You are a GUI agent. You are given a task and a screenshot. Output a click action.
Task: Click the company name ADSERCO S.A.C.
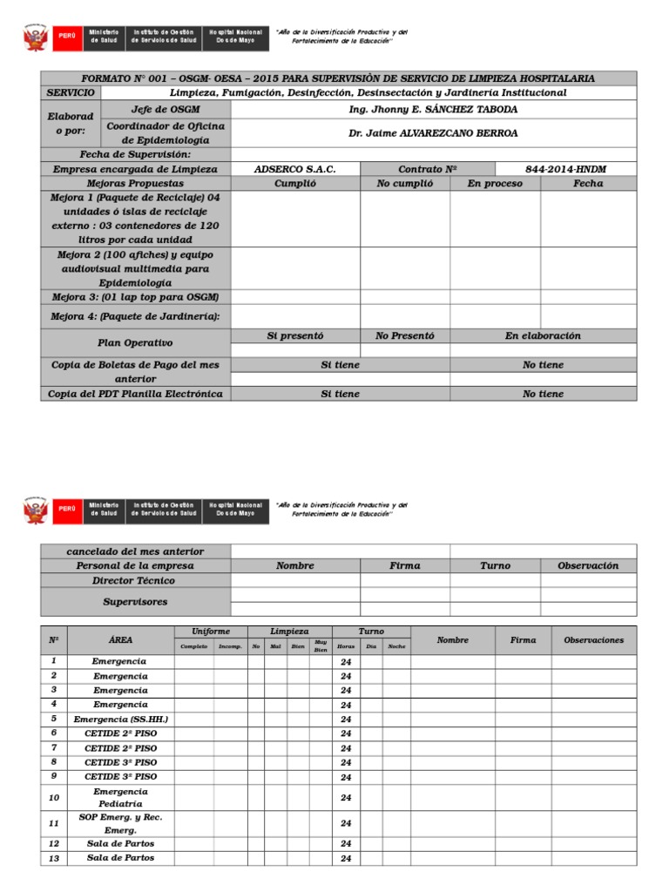pos(294,169)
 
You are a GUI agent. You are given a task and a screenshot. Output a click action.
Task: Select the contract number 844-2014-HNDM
pos(565,169)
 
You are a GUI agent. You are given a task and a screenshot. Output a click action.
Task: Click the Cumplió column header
pos(295,184)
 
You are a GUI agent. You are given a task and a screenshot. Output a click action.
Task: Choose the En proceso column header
pos(495,184)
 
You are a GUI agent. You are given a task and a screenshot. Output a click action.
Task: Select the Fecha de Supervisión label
pos(135,154)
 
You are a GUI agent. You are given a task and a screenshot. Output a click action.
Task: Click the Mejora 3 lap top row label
pos(135,297)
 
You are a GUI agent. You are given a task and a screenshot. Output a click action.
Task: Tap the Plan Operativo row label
pos(135,343)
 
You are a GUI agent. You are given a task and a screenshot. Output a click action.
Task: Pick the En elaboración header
pos(543,335)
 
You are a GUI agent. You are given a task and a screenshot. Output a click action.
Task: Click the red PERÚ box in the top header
pos(66,37)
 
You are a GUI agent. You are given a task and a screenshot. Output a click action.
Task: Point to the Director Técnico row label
pos(135,580)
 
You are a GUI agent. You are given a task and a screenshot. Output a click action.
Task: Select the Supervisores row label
pos(135,601)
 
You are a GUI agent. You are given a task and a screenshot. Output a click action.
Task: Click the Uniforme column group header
pos(211,632)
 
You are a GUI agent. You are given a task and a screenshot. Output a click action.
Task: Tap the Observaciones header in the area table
pos(593,640)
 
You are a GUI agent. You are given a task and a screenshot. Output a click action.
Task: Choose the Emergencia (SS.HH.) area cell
pos(121,720)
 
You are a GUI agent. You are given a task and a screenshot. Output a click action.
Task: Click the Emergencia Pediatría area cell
pos(121,797)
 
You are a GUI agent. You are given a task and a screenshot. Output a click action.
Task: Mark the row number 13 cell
pos(54,858)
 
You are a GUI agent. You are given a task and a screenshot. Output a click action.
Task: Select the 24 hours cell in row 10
pos(346,798)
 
